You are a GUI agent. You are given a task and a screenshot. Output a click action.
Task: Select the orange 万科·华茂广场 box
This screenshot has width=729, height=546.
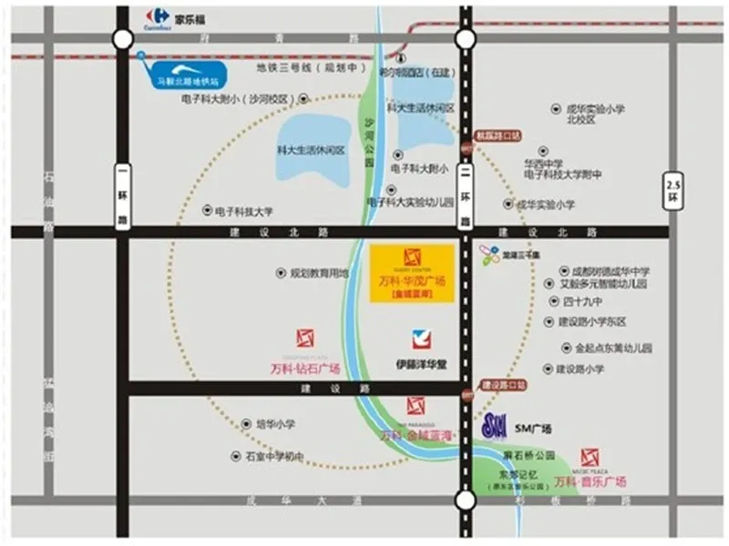point(412,273)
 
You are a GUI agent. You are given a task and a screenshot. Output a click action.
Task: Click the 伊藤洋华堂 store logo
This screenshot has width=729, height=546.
point(421,339)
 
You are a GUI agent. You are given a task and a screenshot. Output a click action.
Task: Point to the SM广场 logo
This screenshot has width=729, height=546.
point(494,425)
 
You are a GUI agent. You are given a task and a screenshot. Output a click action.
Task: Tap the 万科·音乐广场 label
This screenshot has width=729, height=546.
point(590,481)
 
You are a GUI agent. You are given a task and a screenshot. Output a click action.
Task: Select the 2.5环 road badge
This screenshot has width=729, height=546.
point(673,190)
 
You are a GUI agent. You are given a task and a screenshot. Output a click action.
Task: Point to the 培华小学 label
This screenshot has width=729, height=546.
point(274,424)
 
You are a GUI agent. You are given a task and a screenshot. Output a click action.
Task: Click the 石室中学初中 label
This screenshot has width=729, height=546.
point(272,456)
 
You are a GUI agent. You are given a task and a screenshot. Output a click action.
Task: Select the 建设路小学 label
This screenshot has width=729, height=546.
point(580,369)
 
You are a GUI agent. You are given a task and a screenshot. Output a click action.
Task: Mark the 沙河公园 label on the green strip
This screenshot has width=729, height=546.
point(369,141)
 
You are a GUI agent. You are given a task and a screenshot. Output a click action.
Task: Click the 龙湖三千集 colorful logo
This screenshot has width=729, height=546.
point(490,256)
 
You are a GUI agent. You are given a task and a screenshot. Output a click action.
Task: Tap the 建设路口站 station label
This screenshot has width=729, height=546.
point(504,386)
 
